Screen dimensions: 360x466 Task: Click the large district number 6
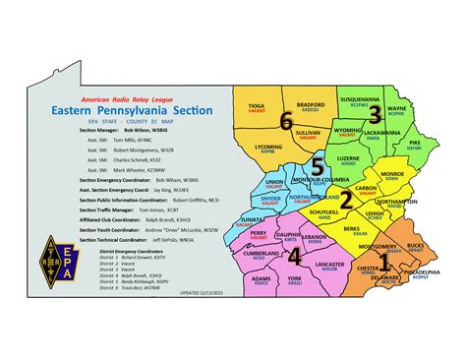(x=285, y=122)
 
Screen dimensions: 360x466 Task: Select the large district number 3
(x=374, y=115)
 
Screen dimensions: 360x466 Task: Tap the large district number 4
(x=294, y=256)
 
